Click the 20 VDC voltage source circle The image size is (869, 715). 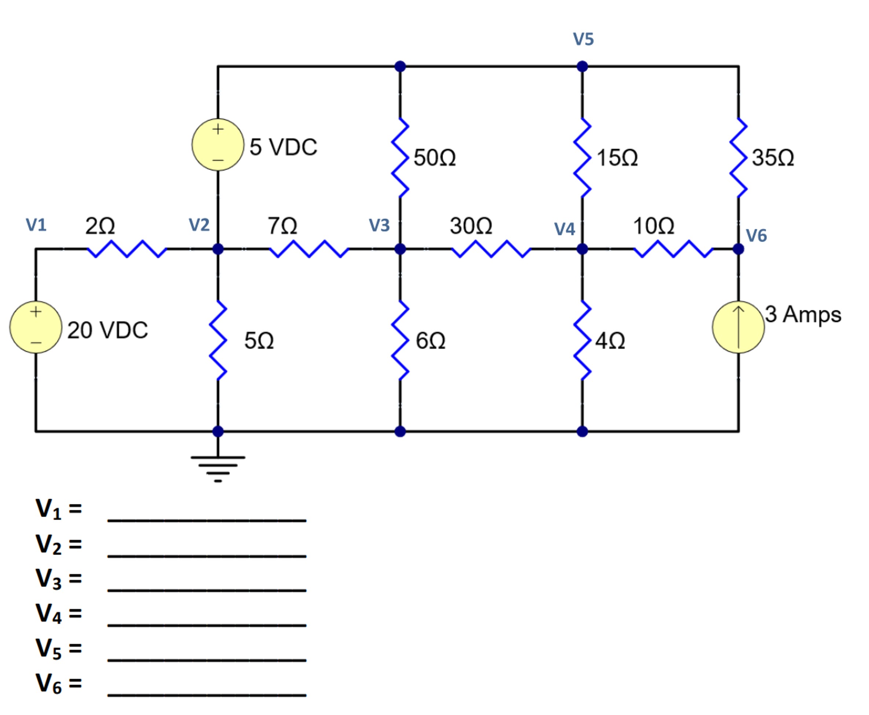tap(36, 327)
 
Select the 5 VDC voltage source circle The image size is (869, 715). tap(218, 145)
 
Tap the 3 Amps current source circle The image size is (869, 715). tap(738, 327)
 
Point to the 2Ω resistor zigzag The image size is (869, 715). tap(127, 249)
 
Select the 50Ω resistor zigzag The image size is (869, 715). tap(400, 157)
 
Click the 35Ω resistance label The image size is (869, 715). tap(773, 158)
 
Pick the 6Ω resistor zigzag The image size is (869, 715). tap(400, 340)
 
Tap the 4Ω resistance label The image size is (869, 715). tap(610, 341)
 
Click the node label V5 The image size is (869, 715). tap(583, 39)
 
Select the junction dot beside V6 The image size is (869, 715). tap(738, 249)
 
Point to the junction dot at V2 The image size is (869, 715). tap(218, 249)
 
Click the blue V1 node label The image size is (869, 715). tap(36, 225)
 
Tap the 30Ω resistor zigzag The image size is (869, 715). tap(491, 249)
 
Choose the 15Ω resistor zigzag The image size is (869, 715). tap(582, 157)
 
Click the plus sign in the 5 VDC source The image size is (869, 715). tap(218, 129)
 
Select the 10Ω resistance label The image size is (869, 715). tap(653, 226)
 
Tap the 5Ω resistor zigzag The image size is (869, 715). tap(218, 340)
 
